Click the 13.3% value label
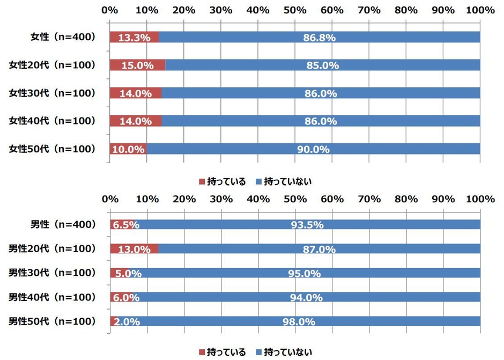click(x=131, y=37)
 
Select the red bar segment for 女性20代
click(x=137, y=65)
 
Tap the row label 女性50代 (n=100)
click(x=52, y=149)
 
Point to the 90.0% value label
click(x=314, y=149)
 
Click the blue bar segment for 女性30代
click(x=321, y=93)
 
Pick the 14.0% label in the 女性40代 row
click(x=136, y=121)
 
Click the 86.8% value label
click(x=319, y=37)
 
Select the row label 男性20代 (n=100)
click(x=52, y=249)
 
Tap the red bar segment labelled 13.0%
click(x=134, y=249)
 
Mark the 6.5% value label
click(x=126, y=225)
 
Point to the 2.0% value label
click(x=128, y=322)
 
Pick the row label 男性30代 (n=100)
click(x=52, y=273)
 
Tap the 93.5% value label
click(x=307, y=225)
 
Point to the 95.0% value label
click(x=305, y=274)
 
